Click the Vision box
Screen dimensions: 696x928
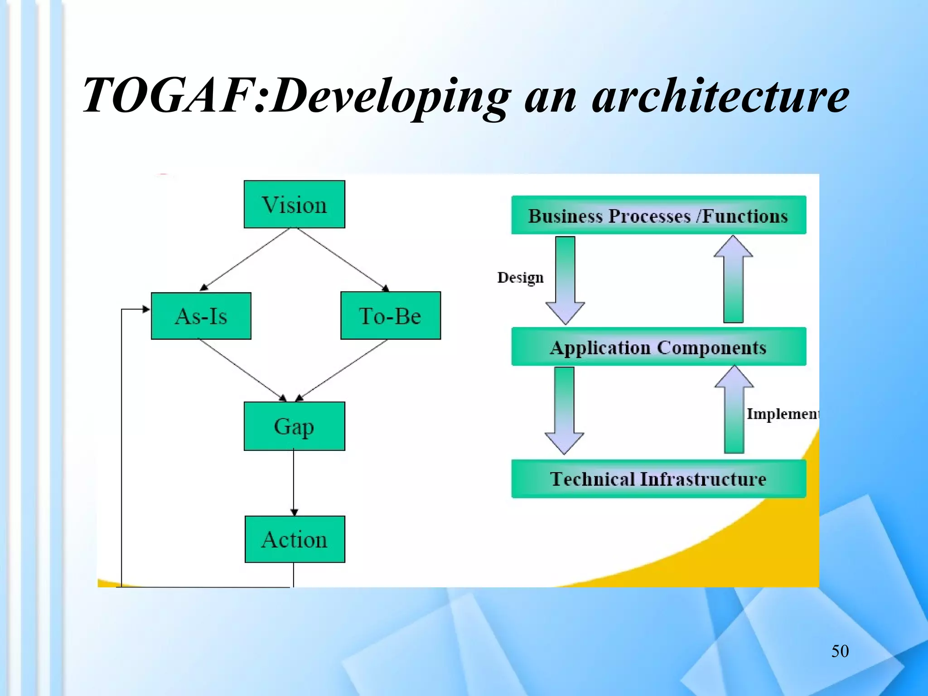point(294,204)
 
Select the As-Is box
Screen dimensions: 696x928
point(201,316)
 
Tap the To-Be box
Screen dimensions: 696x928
point(390,316)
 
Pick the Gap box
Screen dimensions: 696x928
point(294,426)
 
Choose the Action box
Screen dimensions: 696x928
point(295,539)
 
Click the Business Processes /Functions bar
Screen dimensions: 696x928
point(658,215)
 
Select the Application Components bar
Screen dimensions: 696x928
point(658,347)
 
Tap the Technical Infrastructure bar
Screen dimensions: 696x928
point(658,478)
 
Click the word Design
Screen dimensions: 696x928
point(520,277)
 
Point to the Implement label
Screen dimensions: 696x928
point(783,414)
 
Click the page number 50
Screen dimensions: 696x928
point(840,651)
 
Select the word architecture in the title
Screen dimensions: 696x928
point(720,96)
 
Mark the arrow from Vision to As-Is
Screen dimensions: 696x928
point(245,259)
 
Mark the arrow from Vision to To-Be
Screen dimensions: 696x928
point(343,259)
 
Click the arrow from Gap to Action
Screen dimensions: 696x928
point(294,483)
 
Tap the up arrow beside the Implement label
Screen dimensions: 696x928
point(734,410)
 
